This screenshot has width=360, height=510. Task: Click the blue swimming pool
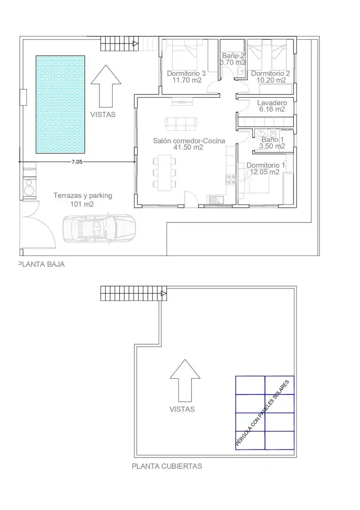coord(60,104)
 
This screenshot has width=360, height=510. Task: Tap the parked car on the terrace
coord(99,229)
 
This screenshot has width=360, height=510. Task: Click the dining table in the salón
coord(165,172)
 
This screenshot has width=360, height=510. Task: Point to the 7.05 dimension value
coord(77,161)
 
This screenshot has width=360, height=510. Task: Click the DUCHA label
coord(30,169)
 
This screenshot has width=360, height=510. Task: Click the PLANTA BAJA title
coord(42,264)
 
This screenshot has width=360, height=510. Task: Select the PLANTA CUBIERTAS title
coord(167,466)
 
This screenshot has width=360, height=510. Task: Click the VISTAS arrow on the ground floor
coord(106,86)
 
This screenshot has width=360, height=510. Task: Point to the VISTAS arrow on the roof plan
coord(185,381)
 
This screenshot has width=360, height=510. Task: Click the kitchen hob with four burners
coord(231,179)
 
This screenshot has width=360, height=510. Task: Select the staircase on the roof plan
coord(134,293)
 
